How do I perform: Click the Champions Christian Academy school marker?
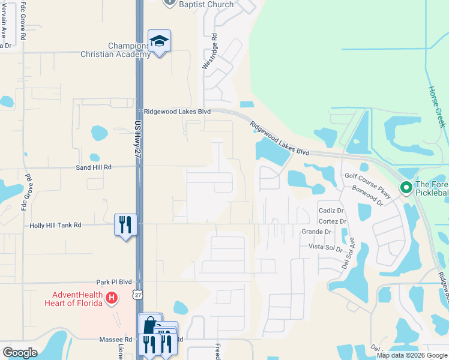[159, 41]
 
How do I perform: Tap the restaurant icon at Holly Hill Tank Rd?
[125, 226]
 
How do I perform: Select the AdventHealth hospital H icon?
[110, 298]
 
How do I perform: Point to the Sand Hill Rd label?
[94, 168]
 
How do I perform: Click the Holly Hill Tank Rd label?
[55, 226]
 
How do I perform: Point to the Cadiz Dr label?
[331, 211]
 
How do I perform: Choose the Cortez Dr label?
[334, 221]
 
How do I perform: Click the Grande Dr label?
[316, 232]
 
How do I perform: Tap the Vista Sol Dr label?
[325, 248]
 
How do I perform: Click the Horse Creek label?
[436, 106]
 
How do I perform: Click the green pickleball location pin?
[406, 188]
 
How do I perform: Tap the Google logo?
[20, 353]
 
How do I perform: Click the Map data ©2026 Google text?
[411, 355]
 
